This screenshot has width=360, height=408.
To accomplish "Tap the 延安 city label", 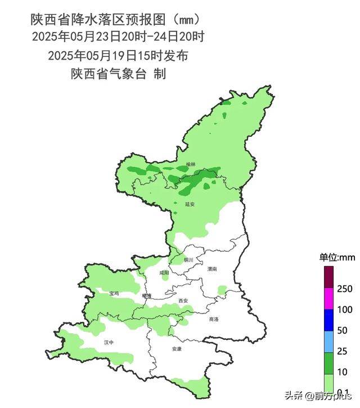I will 190,204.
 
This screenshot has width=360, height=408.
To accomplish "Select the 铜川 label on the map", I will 188,260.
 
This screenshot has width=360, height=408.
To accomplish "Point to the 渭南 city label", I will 212,270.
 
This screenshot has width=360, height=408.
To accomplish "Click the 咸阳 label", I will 164,272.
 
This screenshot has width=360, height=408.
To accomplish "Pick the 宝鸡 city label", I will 114,293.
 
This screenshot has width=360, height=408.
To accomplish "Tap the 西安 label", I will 182,301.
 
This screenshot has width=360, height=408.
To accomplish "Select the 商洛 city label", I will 214,319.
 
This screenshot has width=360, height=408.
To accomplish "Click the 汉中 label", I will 109,342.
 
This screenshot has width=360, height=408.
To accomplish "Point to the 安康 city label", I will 177,349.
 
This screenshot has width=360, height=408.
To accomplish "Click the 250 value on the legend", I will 345,289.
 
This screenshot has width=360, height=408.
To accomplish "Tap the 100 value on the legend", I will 345,310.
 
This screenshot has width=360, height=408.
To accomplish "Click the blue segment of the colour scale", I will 329,320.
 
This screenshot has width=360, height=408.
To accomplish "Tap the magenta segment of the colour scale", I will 329,299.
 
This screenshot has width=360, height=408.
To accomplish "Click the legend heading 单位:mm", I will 337,257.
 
